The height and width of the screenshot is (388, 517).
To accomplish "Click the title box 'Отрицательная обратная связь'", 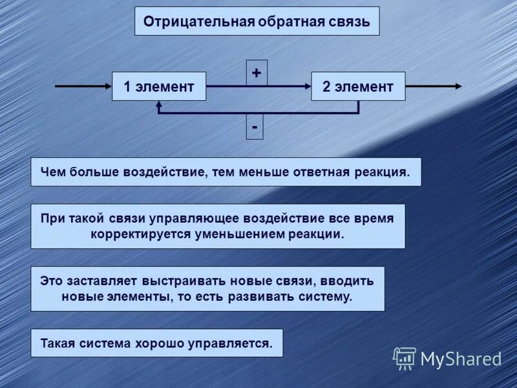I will coord(257,21).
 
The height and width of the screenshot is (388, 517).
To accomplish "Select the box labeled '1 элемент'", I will coord(159,87).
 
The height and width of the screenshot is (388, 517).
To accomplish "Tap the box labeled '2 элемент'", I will coord(358,87).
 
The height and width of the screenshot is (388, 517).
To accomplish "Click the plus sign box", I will coord(257,73).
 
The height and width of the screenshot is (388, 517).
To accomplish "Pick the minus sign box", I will coord(255,127).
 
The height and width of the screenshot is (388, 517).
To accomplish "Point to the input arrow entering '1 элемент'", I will coord(83,86).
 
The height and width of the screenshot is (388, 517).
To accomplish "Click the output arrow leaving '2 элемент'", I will coord(433,86).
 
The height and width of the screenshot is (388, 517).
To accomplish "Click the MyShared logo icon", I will coord(405,358).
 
